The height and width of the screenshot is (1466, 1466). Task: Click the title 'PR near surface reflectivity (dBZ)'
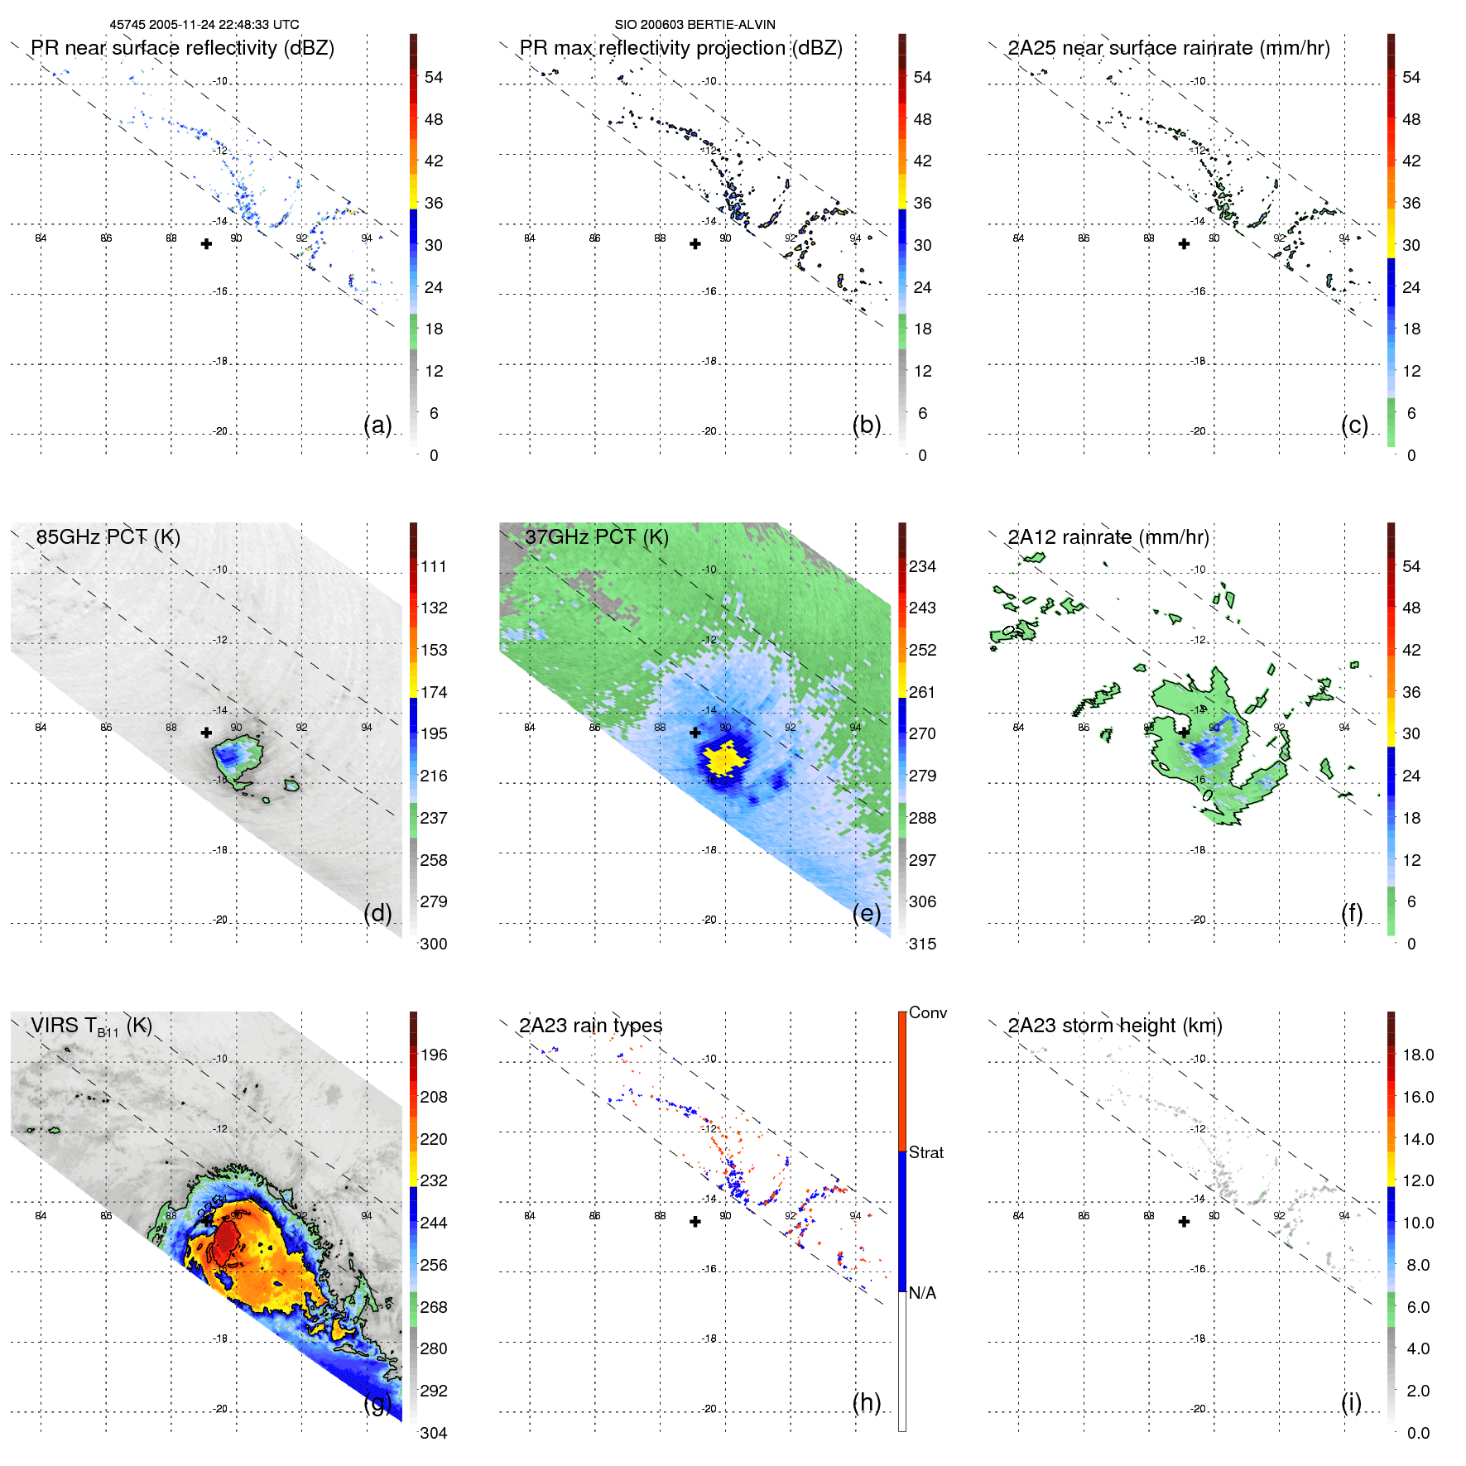point(182,48)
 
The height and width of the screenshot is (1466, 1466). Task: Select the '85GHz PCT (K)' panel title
point(108,537)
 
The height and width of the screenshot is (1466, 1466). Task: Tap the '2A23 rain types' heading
point(590,1026)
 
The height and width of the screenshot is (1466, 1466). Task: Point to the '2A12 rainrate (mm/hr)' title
point(1108,537)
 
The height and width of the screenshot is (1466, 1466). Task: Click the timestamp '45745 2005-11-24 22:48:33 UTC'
point(204,25)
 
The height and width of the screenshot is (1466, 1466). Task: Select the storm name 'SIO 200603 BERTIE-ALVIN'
point(695,25)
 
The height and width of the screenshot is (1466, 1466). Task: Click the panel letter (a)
point(377,425)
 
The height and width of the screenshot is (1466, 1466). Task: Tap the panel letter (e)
point(866,913)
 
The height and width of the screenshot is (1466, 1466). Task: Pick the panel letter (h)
point(866,1402)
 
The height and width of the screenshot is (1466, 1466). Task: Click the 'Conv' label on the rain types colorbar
point(927,1012)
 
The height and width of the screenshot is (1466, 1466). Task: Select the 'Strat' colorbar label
point(925,1152)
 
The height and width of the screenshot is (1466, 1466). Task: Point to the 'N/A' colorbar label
point(922,1293)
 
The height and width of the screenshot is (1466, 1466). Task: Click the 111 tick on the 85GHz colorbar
point(433,566)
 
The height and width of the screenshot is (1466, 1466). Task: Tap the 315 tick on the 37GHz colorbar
point(922,944)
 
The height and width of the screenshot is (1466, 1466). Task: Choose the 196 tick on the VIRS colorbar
point(433,1055)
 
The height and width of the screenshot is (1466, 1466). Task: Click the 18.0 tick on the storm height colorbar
point(1417,1055)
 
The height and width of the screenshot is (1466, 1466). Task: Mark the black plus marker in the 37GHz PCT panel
point(695,733)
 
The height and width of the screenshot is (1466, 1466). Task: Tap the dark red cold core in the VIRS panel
point(226,1239)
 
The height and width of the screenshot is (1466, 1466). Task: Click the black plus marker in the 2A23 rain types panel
point(695,1222)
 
